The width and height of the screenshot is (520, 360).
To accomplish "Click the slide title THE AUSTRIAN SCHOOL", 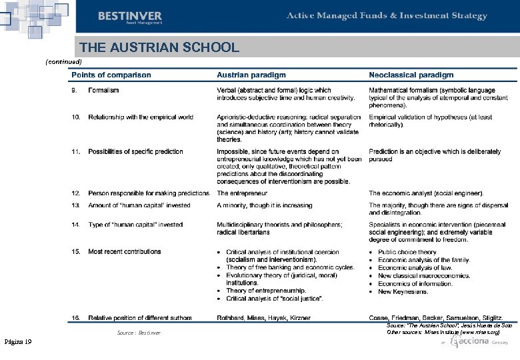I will point(159,47).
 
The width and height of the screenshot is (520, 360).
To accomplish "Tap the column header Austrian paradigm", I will point(251,75).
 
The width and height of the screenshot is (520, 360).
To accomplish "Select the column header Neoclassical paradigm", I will point(411,75).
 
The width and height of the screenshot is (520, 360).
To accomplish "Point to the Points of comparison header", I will point(111,75).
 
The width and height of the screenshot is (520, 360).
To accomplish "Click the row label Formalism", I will point(103,90).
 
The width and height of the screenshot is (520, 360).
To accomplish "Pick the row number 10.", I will point(76,117).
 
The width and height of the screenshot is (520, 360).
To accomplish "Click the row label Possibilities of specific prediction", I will point(135,152).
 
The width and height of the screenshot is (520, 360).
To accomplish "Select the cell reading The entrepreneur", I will point(242,193).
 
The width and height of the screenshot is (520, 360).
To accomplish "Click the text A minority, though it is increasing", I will point(264,206).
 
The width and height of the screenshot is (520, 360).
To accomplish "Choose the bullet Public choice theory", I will point(407,253).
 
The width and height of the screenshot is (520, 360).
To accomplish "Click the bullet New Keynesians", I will point(403,292).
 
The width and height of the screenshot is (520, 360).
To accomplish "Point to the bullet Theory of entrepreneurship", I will point(265,291).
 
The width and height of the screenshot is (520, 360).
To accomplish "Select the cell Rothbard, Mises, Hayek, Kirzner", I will point(263,319).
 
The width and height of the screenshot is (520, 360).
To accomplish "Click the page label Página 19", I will point(18,342).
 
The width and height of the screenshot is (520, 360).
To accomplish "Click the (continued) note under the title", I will point(63,61).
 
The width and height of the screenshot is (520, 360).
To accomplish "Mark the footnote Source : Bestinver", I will point(139,332).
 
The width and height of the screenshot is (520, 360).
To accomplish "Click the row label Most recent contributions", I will point(124,252).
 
